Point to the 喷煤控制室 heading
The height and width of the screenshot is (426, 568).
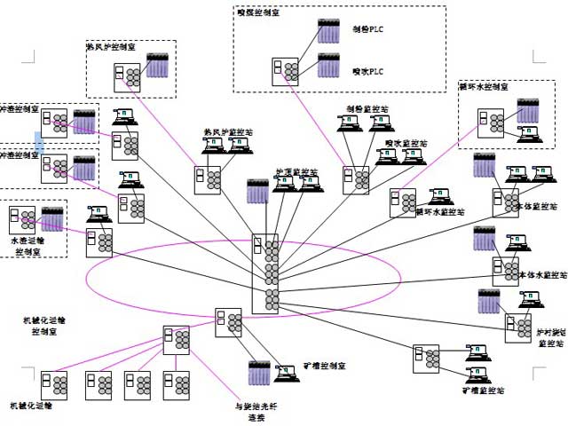(x=259, y=12)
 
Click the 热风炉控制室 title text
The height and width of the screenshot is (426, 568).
(x=111, y=44)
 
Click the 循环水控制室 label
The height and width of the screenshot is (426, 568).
(x=484, y=87)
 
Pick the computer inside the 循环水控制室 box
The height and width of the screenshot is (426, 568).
(x=528, y=135)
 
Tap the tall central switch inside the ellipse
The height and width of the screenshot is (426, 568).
(x=264, y=273)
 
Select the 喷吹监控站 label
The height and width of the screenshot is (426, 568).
(x=405, y=141)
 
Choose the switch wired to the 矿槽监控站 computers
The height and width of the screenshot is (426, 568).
(x=426, y=359)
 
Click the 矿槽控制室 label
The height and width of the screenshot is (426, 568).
(x=326, y=366)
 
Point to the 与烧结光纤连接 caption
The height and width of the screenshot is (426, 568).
(x=250, y=410)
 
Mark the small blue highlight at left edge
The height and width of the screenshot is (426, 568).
(x=38, y=143)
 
